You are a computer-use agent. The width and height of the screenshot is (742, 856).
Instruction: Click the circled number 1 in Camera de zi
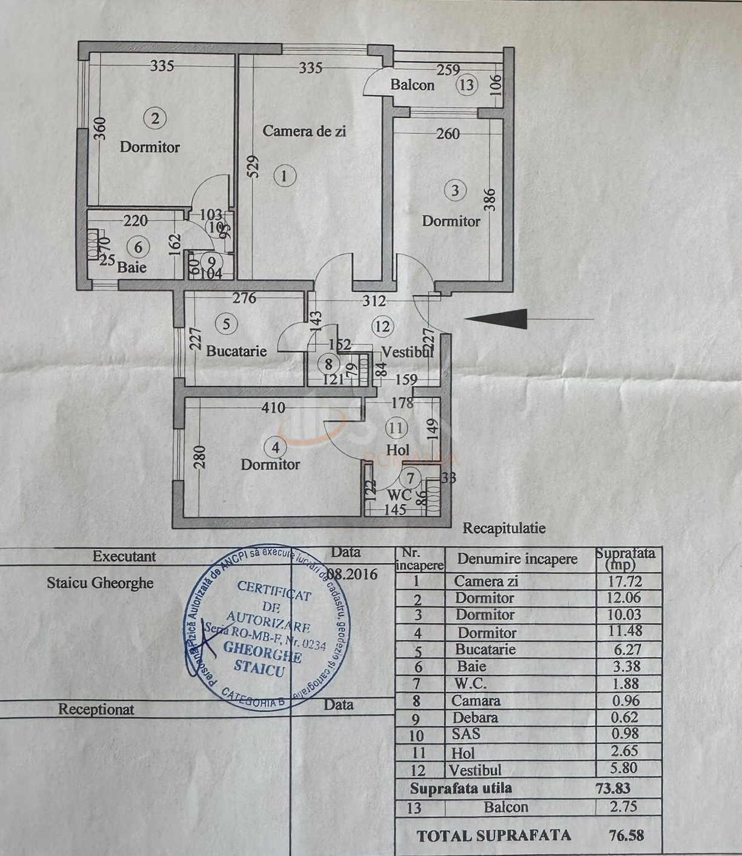tap(284, 176)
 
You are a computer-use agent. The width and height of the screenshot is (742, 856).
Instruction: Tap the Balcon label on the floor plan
tap(412, 85)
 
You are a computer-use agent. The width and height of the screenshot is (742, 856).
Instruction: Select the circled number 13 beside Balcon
tap(466, 85)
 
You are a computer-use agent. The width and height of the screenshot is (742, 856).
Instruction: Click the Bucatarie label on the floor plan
tap(236, 351)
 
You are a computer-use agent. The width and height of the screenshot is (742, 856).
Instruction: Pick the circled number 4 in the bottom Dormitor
tap(276, 448)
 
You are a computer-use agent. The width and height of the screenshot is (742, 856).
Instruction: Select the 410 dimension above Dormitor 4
tap(273, 408)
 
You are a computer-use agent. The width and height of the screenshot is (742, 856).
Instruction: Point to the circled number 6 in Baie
tap(139, 247)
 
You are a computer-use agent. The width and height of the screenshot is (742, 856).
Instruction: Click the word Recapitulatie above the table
tap(504, 528)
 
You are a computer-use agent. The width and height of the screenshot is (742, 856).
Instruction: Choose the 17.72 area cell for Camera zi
tap(624, 582)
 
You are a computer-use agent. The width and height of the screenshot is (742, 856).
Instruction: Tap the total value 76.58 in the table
tap(626, 835)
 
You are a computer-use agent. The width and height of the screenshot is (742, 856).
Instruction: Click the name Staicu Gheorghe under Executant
tap(100, 583)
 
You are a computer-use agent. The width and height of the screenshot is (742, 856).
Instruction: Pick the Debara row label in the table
tap(475, 718)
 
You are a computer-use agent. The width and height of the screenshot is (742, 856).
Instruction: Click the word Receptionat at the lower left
tap(96, 709)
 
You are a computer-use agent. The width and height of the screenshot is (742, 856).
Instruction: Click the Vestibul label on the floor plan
tap(407, 352)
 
